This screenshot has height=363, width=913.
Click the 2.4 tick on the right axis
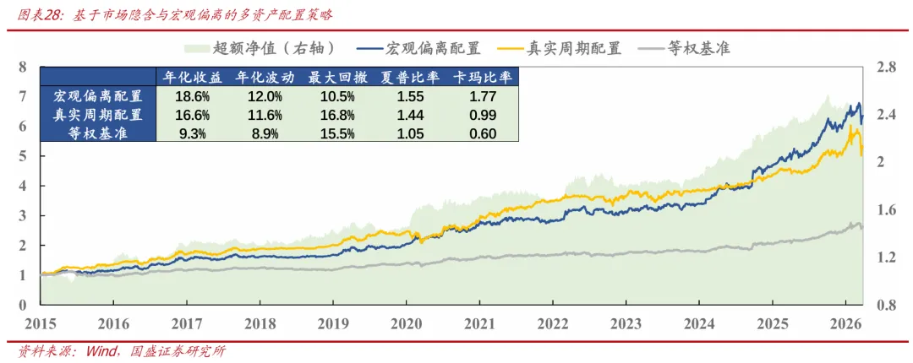pyautogui.click(x=885, y=115)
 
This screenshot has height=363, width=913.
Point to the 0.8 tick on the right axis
pyautogui.click(x=885, y=305)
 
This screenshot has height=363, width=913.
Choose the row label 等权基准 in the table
pyautogui.click(x=98, y=133)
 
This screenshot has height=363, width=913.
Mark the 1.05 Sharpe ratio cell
pyautogui.click(x=410, y=133)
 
